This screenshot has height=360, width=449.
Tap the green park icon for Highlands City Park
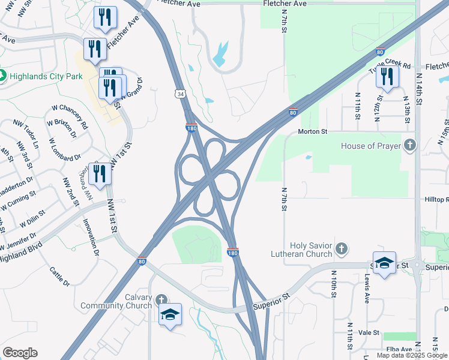point(2,76)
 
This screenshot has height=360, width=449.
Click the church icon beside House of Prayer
point(409,145)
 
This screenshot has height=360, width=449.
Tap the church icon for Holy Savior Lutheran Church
point(342,247)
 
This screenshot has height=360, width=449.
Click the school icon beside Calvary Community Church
point(170,314)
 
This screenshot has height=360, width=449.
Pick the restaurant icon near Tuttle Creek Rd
point(387,77)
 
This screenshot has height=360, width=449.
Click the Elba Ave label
point(399,349)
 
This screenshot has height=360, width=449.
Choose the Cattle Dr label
point(60,275)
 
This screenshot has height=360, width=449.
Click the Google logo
point(20,353)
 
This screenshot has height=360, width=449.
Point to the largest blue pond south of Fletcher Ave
point(220,53)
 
